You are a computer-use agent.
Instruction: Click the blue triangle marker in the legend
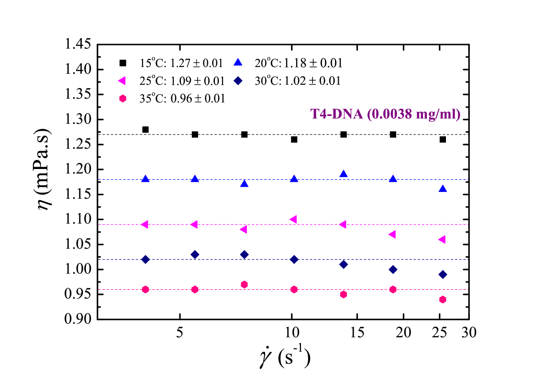coord(238,62)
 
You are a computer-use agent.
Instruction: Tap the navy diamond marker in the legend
coord(238,80)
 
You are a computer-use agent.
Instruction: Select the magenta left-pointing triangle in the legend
coord(122,80)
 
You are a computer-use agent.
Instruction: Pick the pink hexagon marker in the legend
coord(122,98)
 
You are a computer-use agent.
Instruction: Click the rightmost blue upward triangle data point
coord(443,189)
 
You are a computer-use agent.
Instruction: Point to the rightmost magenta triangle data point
coord(442,239)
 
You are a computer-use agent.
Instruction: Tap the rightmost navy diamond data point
coord(443,274)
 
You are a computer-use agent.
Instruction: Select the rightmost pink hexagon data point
coord(443,300)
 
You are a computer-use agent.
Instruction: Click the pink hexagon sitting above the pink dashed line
coord(244,284)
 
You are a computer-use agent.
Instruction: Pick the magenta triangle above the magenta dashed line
coord(293,219)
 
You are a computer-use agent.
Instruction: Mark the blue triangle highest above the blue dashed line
coord(343,173)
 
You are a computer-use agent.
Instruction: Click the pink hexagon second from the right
coord(393,289)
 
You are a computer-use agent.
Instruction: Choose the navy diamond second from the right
coord(393,270)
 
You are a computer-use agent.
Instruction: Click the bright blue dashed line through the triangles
coord(268,180)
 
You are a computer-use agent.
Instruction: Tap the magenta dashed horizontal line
coord(268,225)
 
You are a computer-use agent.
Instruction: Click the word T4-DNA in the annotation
coord(336,114)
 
